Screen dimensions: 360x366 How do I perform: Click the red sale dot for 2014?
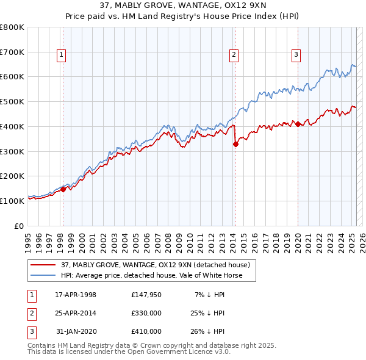(235, 145)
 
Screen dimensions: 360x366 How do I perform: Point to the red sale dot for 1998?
(63, 189)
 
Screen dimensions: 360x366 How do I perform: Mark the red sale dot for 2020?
(298, 124)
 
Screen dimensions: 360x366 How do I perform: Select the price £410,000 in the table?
(146, 331)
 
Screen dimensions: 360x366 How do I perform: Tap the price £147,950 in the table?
(146, 295)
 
